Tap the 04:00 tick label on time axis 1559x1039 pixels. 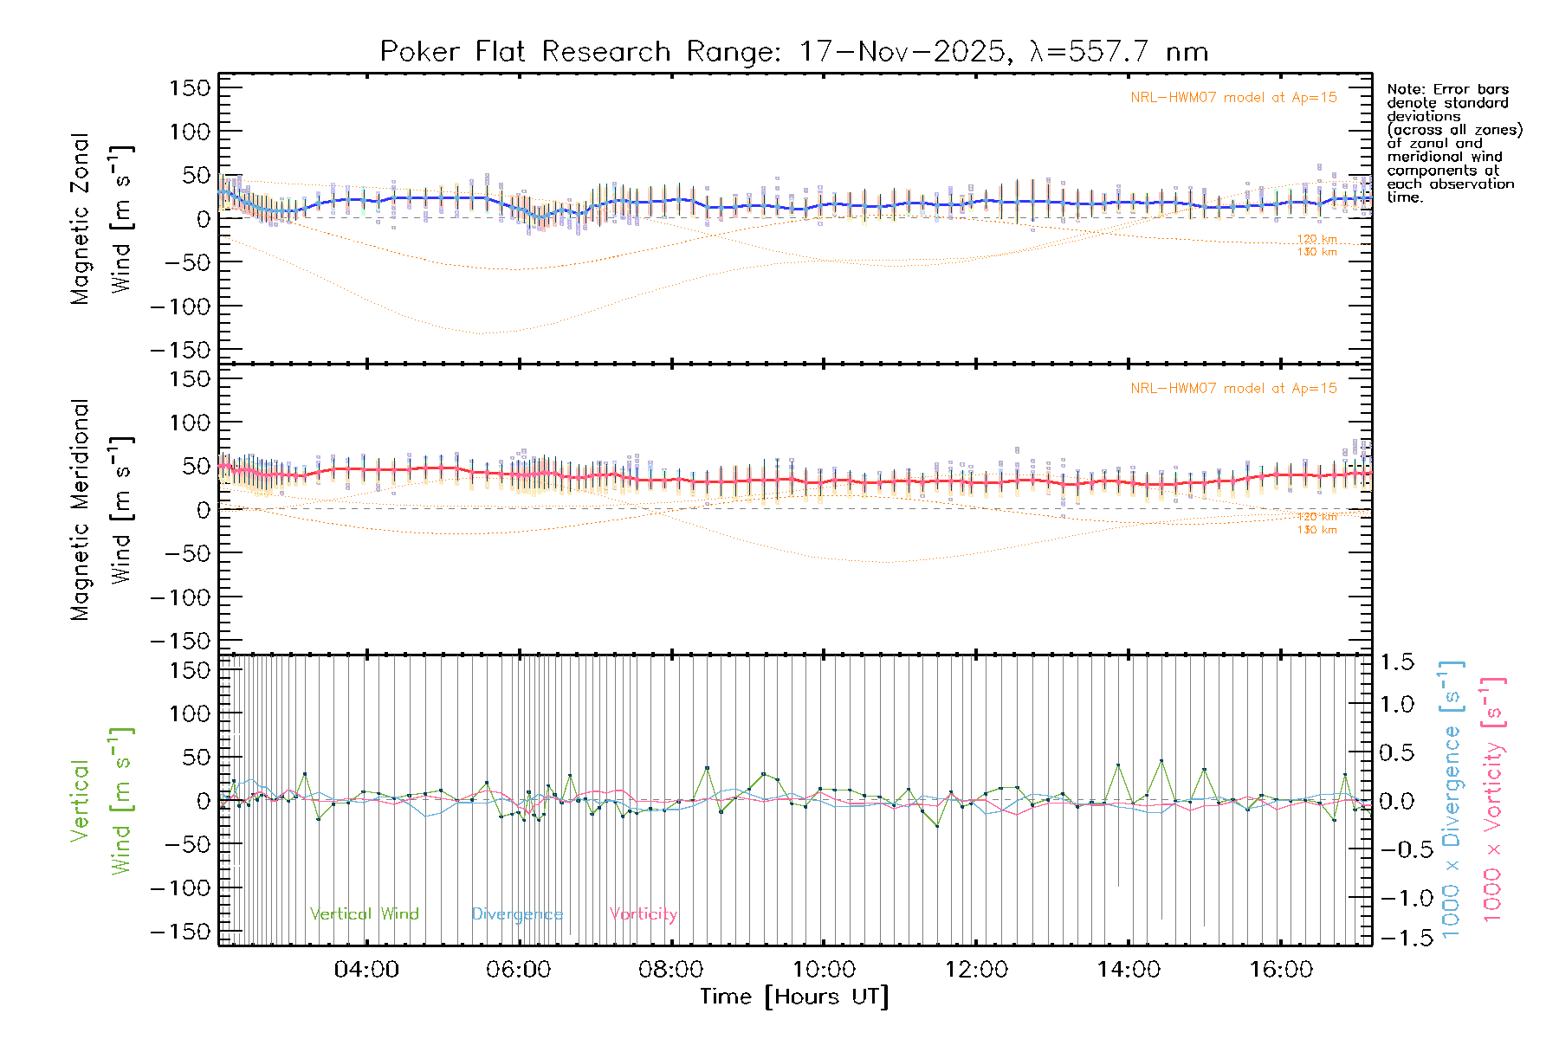coord(366,970)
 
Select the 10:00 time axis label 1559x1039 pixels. coord(824,970)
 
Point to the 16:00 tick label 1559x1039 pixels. coord(1281,970)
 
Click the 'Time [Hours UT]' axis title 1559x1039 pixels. coord(794,997)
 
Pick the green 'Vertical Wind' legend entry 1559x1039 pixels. coord(364,914)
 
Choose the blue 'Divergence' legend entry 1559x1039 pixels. coord(517,914)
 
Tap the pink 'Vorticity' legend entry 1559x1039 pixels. coord(643,914)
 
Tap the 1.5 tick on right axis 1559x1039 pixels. coord(1396,662)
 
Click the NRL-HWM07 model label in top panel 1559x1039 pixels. coord(1233,98)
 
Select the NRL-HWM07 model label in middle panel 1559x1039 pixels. coord(1233,389)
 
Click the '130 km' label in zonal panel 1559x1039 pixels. coord(1316,253)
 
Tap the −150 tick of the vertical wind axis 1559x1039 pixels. coord(180,932)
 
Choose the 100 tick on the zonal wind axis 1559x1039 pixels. coord(191,132)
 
